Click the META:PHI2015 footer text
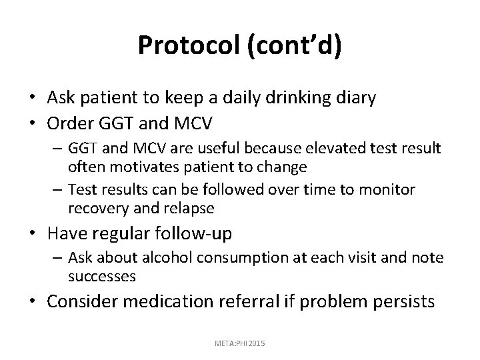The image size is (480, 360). [x=241, y=342]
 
